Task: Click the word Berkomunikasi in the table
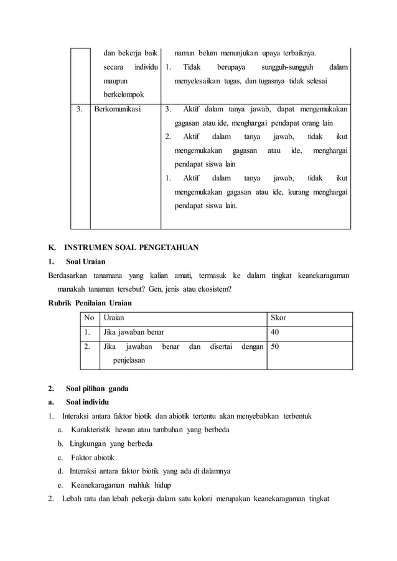pos(118,110)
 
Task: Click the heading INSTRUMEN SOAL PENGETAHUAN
pos(133,248)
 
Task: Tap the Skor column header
pos(278,318)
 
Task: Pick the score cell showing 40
pos(275,333)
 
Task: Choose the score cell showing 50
pos(275,348)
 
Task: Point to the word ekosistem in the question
pos(212,289)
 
